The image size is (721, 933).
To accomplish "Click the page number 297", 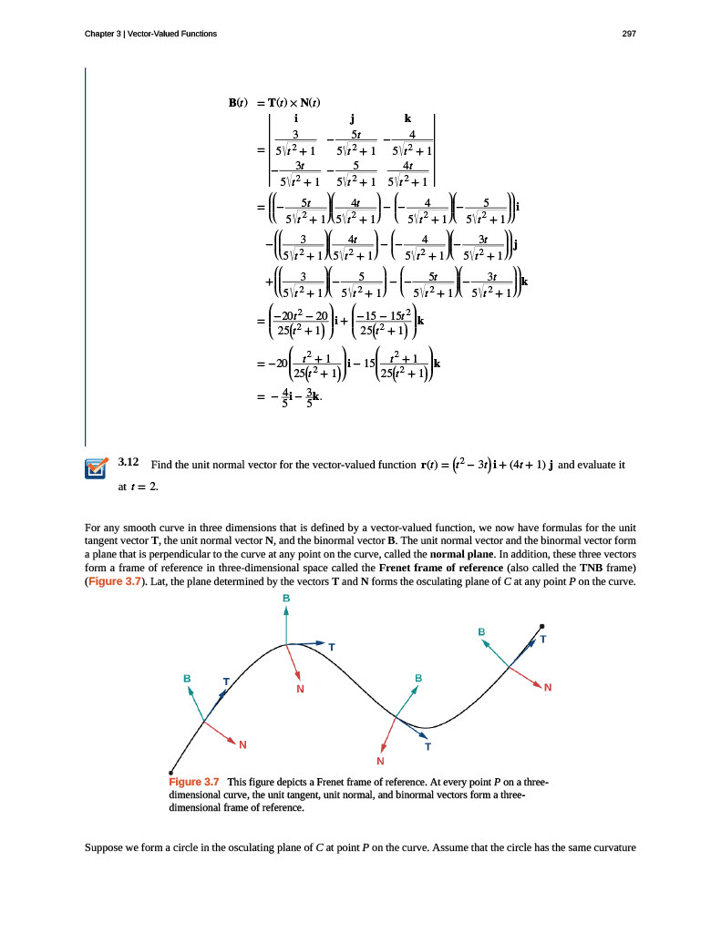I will coord(628,34).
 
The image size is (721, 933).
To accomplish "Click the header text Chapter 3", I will coord(103,34).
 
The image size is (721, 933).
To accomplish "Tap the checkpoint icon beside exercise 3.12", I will coord(96,468).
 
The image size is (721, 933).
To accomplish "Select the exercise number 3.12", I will coord(129,463).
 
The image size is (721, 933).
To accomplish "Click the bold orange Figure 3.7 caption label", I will coord(194,782).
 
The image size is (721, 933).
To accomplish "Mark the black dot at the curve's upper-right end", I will coord(541,626).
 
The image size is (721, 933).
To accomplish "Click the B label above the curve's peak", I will coord(286,597).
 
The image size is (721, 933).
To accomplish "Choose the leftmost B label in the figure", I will coord(187,679).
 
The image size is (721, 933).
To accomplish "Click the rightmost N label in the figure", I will coord(548,688).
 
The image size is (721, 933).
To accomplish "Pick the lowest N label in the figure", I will coord(381,761).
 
